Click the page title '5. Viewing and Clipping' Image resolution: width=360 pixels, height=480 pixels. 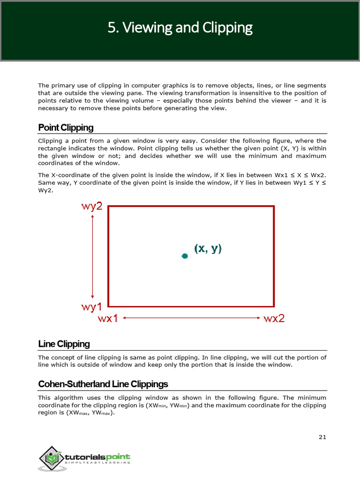180,28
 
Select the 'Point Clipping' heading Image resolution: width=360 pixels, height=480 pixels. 66,127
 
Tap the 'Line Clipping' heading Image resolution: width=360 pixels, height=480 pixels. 64,344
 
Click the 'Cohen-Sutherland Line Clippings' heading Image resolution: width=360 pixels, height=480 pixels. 103,384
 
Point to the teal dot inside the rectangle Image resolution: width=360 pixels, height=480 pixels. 185,255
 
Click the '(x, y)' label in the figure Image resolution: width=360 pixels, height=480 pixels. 208,248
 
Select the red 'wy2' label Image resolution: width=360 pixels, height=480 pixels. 92,206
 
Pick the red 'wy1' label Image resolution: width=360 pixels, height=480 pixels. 92,307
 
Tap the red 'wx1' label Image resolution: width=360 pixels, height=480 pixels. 108,319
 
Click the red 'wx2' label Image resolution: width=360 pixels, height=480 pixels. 274,319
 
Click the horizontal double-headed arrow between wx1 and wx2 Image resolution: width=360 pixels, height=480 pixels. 191,318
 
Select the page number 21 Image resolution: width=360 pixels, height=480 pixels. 322,437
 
